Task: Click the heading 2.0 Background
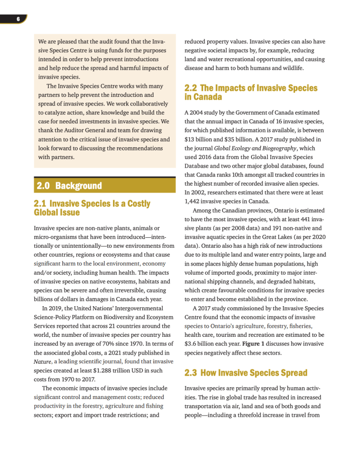click(x=69, y=186)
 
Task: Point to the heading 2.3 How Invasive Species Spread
click(x=246, y=373)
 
